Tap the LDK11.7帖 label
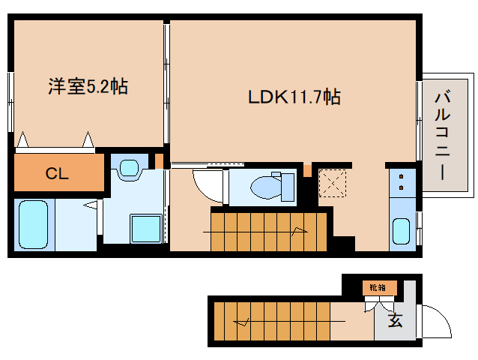[x=294, y=97]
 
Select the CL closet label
[x=58, y=175]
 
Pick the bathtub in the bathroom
[x=32, y=224]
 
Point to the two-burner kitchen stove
[x=402, y=181]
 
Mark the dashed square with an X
[x=330, y=183]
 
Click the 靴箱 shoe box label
[x=376, y=287]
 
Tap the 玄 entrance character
[x=395, y=321]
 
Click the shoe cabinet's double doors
[x=378, y=303]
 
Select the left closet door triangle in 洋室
[x=22, y=140]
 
